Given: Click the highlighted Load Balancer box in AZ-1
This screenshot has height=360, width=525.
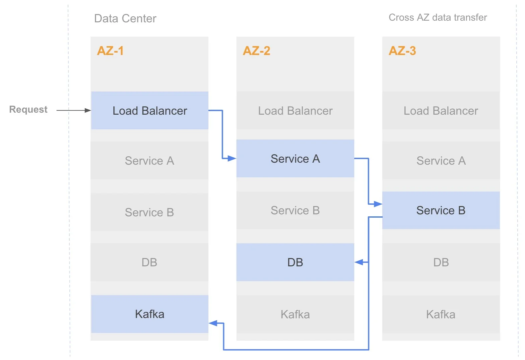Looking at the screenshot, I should pyautogui.click(x=149, y=110).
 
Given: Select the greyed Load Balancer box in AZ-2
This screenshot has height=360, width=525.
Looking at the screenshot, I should pyautogui.click(x=295, y=110).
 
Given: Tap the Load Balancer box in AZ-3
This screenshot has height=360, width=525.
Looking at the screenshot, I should pyautogui.click(x=441, y=110).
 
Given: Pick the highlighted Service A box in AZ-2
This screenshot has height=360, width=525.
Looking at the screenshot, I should pyautogui.click(x=295, y=158).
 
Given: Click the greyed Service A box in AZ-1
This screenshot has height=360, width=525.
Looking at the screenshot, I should pyautogui.click(x=149, y=160).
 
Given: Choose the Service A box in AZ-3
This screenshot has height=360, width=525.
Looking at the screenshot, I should pyautogui.click(x=441, y=160).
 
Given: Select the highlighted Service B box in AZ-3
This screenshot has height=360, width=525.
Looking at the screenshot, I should pyautogui.click(x=441, y=210).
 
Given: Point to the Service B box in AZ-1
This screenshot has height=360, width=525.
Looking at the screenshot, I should pyautogui.click(x=149, y=212).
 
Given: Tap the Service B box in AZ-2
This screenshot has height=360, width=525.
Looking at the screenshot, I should pyautogui.click(x=295, y=210).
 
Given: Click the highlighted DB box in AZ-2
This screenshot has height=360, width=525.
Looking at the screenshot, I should pyautogui.click(x=295, y=262).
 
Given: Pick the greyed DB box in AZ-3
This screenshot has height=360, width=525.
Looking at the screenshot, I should pyautogui.click(x=441, y=262).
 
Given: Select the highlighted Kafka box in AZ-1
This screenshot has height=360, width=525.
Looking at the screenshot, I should pyautogui.click(x=149, y=314).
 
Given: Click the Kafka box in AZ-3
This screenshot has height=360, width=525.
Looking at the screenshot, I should pyautogui.click(x=441, y=314).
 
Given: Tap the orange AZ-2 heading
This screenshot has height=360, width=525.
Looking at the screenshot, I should pyautogui.click(x=256, y=51).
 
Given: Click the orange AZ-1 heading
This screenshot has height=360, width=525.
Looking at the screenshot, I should pyautogui.click(x=110, y=51).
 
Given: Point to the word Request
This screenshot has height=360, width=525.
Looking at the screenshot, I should pyautogui.click(x=28, y=109).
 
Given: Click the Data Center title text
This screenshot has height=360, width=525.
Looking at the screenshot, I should pyautogui.click(x=125, y=18).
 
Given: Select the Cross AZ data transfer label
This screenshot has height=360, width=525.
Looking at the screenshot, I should pyautogui.click(x=438, y=17).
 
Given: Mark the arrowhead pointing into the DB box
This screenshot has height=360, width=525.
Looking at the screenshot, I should pyautogui.click(x=359, y=262).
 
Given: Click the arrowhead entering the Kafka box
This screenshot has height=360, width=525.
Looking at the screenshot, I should pyautogui.click(x=213, y=323).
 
